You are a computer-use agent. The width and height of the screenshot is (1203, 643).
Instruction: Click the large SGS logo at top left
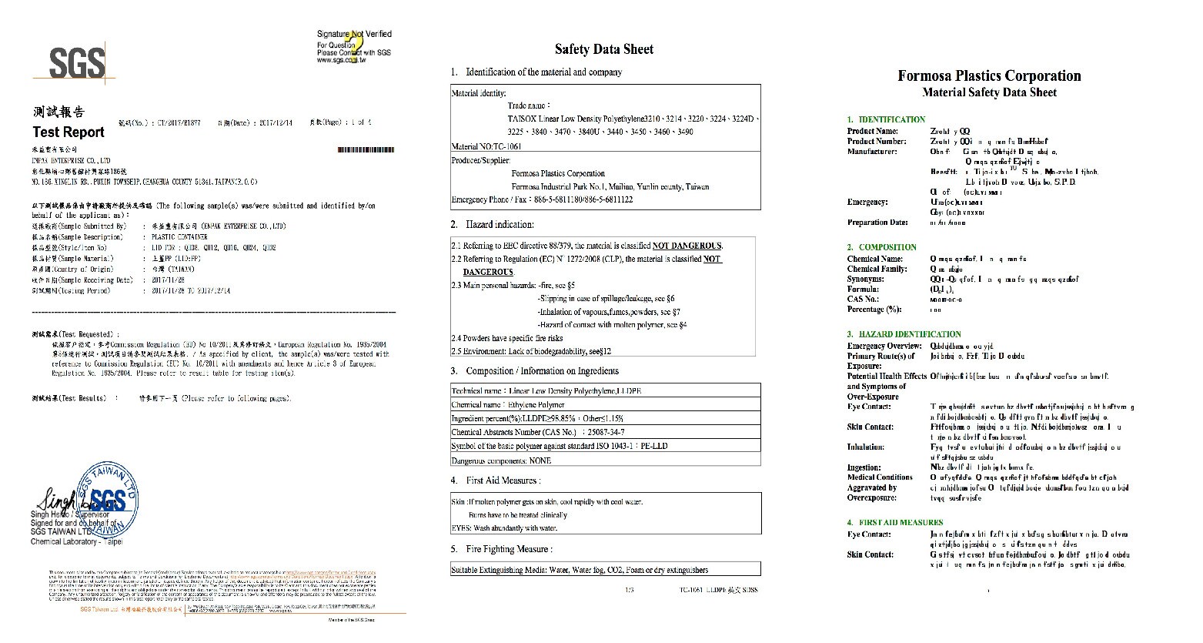[x=76, y=62]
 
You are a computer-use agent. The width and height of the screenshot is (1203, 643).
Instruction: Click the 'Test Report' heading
[x=69, y=132]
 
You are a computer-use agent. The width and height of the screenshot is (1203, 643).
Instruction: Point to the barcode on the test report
[x=366, y=149]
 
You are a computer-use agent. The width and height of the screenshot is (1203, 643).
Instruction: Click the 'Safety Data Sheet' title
[x=604, y=49]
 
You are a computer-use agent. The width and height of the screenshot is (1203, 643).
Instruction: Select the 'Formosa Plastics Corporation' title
[x=989, y=75]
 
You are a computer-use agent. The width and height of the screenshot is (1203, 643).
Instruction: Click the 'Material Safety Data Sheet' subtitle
[x=989, y=92]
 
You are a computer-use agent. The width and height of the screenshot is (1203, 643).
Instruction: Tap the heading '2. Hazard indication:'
[x=493, y=225]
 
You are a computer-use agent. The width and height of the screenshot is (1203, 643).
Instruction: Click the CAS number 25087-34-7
[x=605, y=432]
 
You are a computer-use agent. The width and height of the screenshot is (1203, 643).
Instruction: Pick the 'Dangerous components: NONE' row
[x=501, y=460]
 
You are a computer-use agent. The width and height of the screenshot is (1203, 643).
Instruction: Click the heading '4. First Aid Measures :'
[x=496, y=481]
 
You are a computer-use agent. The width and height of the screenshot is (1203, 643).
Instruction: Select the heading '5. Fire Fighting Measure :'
[x=502, y=549]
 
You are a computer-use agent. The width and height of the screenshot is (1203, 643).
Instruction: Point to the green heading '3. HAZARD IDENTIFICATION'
[x=904, y=334]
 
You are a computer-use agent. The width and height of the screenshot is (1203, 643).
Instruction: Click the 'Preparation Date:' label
[x=877, y=223]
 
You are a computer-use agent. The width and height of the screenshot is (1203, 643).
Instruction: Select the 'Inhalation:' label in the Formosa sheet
[x=866, y=447]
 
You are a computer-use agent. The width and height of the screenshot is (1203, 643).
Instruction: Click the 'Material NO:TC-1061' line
[x=486, y=146]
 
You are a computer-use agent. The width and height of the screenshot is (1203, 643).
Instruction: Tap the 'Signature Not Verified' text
[x=354, y=34]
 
